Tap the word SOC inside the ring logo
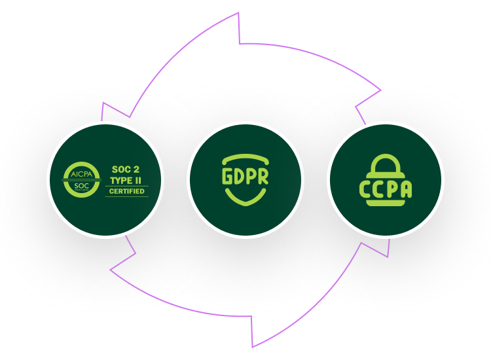click(x=81, y=186)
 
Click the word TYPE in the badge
click(x=120, y=180)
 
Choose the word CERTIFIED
click(x=127, y=191)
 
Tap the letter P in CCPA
click(x=392, y=189)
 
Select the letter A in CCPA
click(x=406, y=189)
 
